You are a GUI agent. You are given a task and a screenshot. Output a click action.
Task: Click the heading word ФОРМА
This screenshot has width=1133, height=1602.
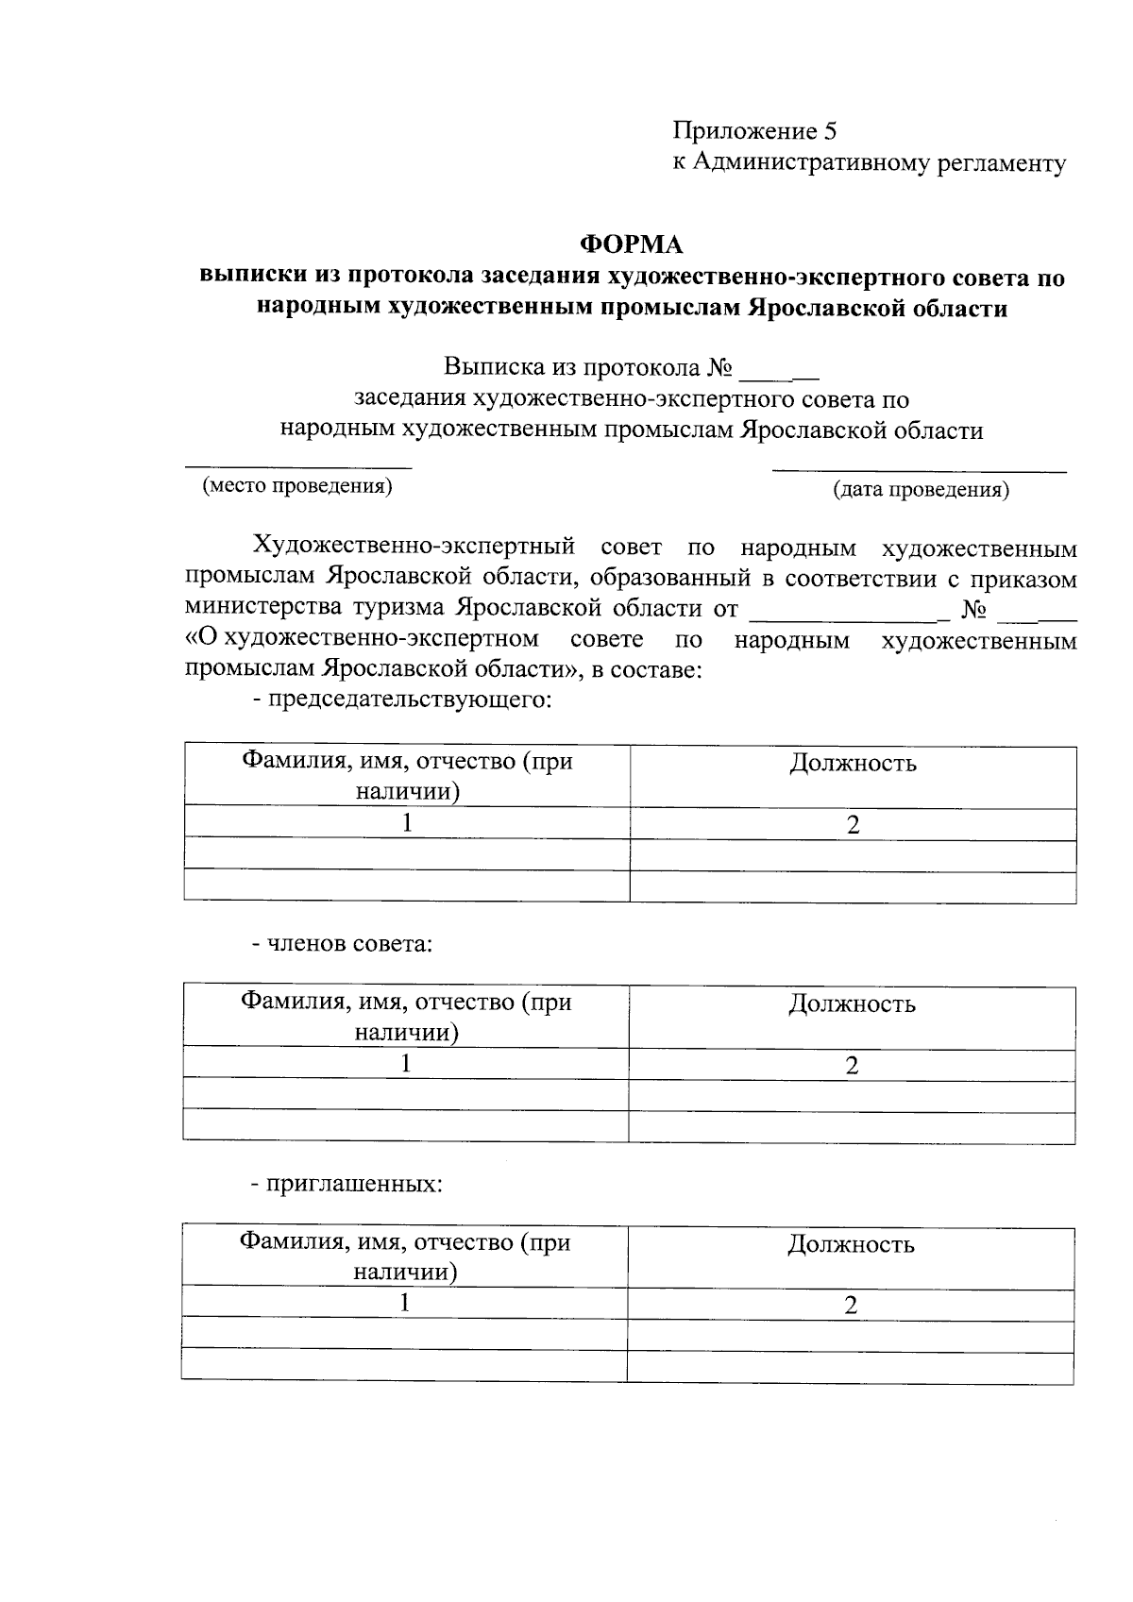(x=631, y=245)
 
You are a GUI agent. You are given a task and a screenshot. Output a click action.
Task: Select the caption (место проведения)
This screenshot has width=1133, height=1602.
(x=296, y=486)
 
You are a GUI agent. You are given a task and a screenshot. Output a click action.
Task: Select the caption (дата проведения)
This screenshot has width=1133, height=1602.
(x=920, y=490)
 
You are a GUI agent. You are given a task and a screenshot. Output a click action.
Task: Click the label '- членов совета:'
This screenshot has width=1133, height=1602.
(x=342, y=943)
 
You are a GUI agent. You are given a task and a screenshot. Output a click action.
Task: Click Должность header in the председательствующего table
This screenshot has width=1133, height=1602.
(x=853, y=763)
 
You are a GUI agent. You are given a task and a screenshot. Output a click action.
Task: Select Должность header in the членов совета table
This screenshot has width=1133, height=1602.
(x=852, y=1003)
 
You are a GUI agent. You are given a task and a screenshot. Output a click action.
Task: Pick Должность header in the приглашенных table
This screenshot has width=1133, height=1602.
(x=851, y=1244)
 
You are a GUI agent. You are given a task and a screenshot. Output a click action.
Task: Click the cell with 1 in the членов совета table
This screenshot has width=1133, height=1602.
(x=406, y=1064)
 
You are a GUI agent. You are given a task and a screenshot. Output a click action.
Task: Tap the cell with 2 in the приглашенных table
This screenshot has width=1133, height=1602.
(x=851, y=1306)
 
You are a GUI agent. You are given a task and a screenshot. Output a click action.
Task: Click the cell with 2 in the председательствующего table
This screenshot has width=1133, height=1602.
(x=853, y=825)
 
